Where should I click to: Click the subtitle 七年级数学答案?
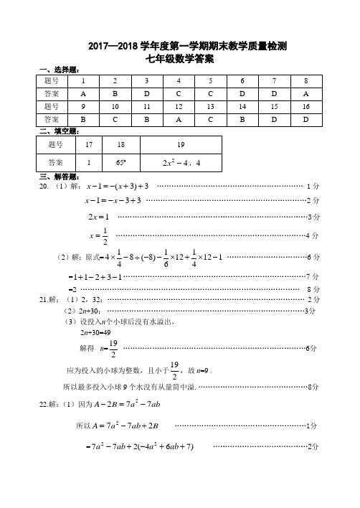[x=179, y=58]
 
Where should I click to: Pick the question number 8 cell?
[x=305, y=81]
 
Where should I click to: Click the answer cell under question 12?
[x=178, y=119]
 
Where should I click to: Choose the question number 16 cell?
[x=305, y=106]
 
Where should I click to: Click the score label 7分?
[x=312, y=276]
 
